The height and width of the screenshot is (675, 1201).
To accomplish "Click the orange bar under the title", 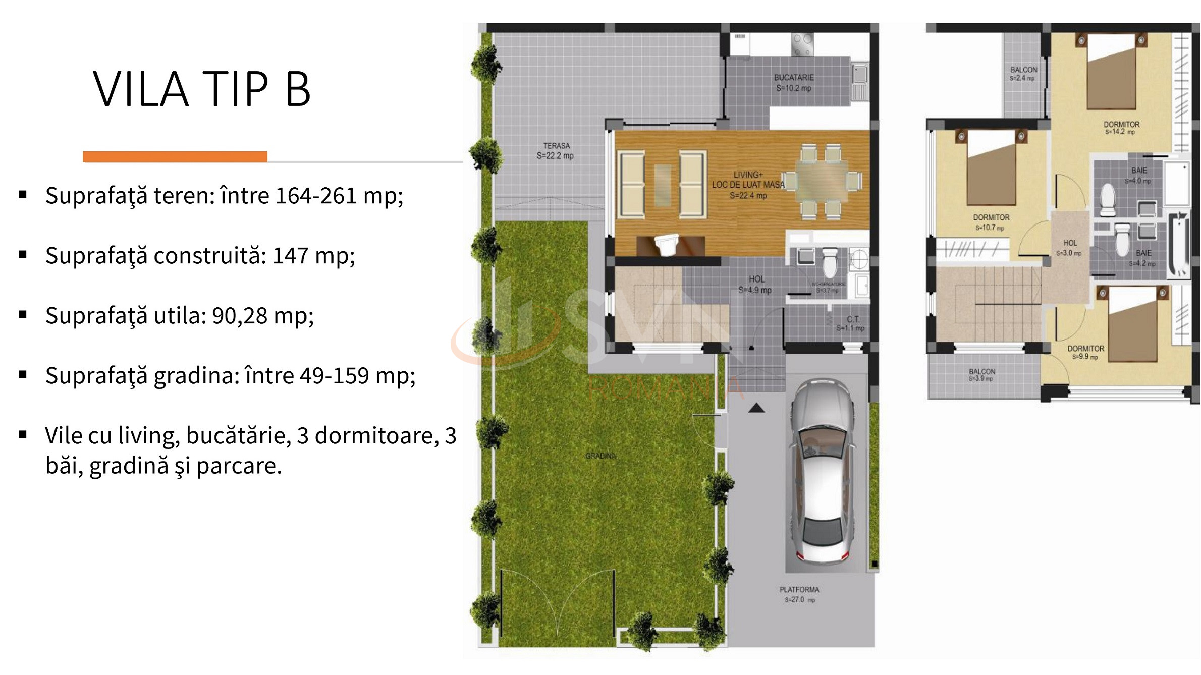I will (x=175, y=157).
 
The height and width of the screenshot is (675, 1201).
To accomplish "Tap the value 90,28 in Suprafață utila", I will (x=239, y=316).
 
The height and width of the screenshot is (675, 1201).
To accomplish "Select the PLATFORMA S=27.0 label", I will (x=799, y=594).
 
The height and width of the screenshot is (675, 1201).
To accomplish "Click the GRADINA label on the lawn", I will (x=600, y=456).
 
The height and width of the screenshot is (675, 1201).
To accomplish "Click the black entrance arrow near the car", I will (x=756, y=408).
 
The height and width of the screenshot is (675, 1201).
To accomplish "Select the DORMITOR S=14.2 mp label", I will (x=1121, y=128).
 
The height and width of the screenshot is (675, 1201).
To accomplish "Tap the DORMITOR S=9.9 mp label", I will (x=1085, y=352).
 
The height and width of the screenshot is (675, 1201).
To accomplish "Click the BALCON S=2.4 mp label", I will (x=1023, y=74).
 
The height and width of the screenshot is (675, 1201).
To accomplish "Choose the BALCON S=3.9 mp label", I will (x=982, y=375).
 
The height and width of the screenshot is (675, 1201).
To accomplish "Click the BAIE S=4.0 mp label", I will (x=1138, y=175).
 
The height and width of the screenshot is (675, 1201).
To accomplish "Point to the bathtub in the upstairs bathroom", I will (x=1179, y=245).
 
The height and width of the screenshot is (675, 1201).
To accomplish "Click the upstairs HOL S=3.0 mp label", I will (x=1070, y=248).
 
